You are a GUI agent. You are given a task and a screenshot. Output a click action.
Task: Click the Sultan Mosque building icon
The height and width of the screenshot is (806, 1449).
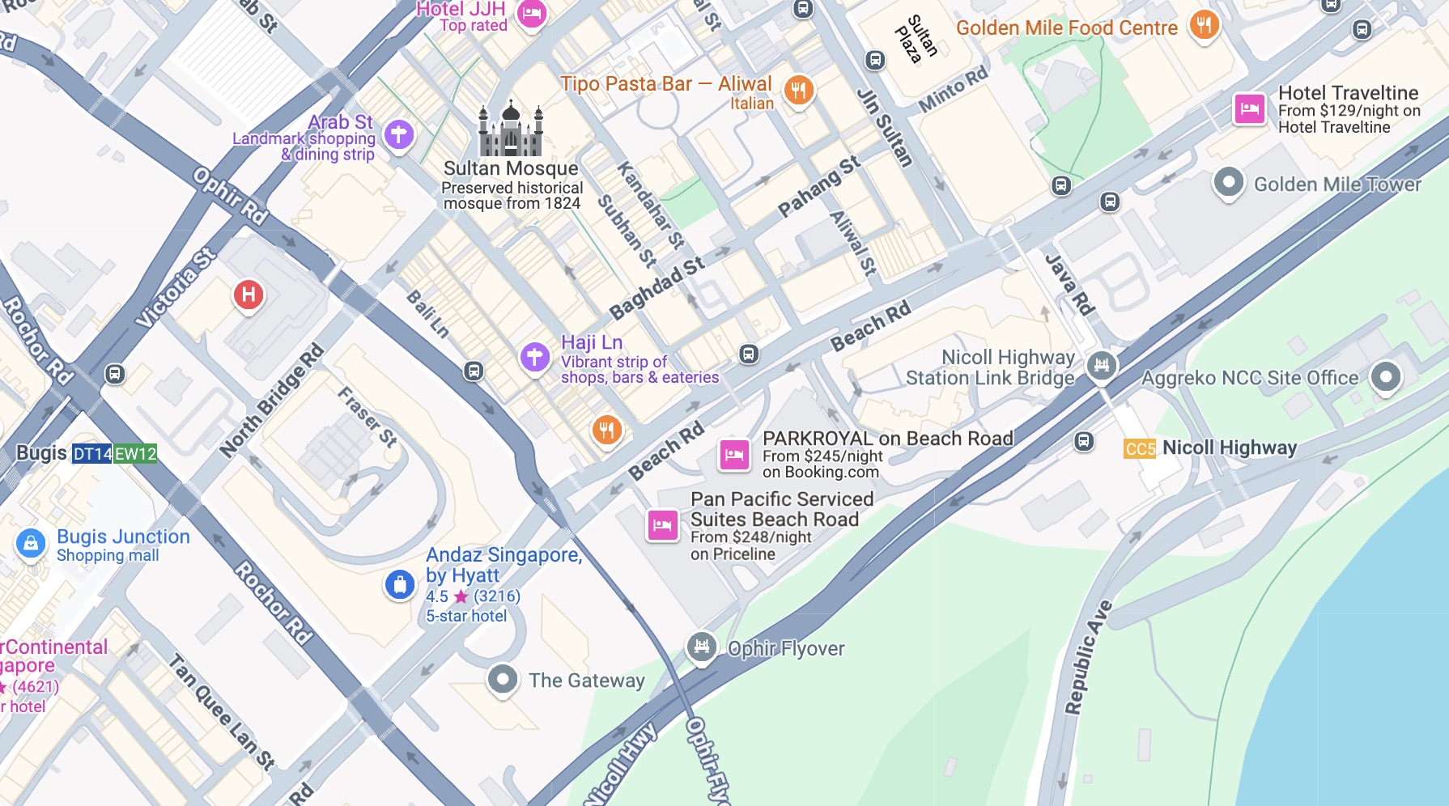tap(510, 129)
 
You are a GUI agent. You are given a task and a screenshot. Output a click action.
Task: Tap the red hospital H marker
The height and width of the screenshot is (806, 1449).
tap(249, 295)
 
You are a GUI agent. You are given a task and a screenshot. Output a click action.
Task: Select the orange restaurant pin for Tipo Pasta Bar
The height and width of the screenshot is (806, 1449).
tap(798, 90)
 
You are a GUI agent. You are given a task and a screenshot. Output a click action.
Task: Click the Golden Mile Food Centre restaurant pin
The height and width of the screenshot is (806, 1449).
tap(1204, 25)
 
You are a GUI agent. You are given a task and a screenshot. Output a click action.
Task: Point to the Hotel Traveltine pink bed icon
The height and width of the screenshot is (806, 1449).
tap(1249, 108)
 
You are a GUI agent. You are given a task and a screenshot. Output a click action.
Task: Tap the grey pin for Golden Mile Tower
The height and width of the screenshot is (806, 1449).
tap(1228, 182)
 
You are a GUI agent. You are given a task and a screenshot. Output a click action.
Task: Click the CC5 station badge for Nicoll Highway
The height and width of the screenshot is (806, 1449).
tap(1140, 448)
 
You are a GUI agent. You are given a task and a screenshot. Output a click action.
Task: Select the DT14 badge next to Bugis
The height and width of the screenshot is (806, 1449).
tap(92, 454)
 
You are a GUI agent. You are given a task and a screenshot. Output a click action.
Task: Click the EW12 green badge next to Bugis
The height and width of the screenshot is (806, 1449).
tap(135, 454)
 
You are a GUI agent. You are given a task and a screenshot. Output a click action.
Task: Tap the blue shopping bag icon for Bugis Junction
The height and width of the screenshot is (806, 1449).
tap(31, 544)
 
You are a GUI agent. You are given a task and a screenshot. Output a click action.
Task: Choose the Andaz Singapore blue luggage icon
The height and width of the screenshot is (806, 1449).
tap(400, 583)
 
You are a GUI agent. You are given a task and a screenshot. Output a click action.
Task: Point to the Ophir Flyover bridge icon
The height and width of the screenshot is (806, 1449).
tap(702, 646)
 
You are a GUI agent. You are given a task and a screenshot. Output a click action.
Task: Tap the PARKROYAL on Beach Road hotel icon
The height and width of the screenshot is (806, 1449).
tap(734, 454)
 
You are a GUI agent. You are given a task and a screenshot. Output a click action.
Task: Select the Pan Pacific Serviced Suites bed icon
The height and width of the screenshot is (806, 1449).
tap(662, 525)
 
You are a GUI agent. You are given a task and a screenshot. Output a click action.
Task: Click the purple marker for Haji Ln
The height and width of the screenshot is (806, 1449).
tap(534, 356)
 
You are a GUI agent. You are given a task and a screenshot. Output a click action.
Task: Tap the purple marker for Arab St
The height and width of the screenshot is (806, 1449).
tap(398, 134)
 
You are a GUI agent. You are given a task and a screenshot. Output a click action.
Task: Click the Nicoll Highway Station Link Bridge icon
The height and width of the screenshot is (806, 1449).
tap(1102, 366)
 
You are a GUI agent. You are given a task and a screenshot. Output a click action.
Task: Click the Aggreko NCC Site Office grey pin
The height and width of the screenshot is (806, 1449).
tap(1385, 376)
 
